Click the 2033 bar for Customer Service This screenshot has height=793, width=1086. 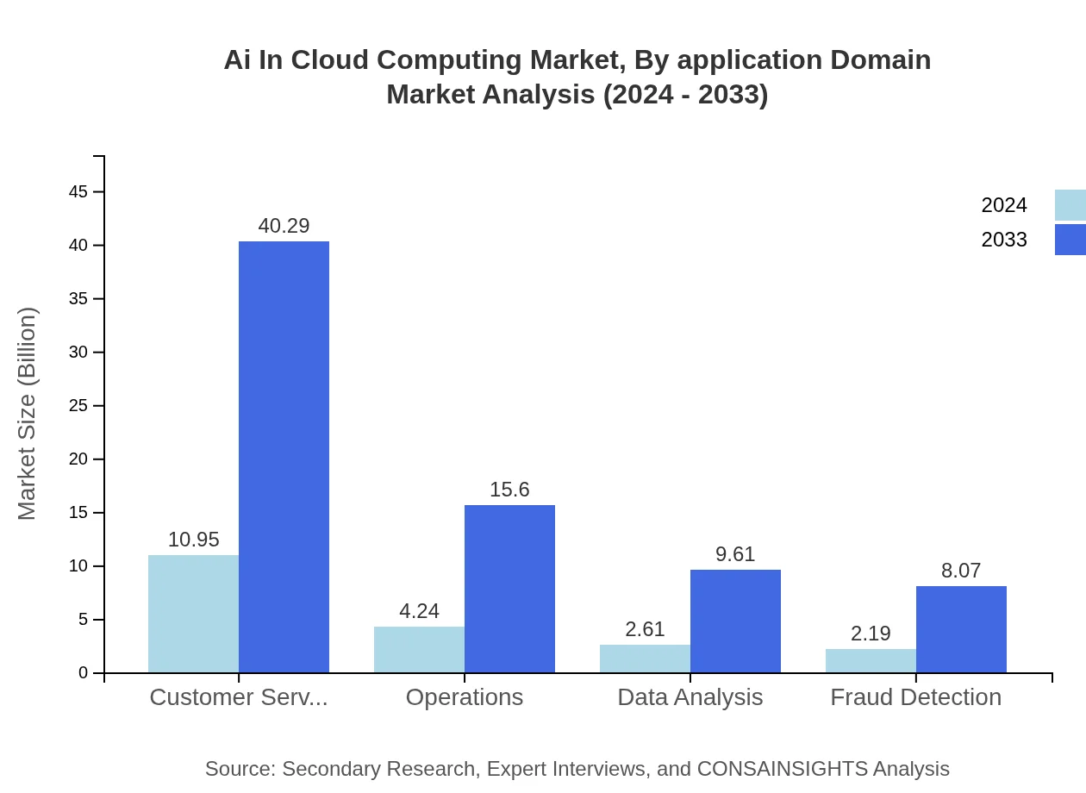point(284,457)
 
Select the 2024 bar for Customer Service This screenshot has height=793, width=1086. point(193,614)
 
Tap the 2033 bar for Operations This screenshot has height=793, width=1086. point(509,589)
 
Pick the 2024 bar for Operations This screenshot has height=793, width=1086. point(419,650)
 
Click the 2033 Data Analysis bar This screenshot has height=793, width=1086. point(735,621)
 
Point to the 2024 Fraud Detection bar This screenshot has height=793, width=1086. point(871,661)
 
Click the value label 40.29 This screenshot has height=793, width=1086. point(284,226)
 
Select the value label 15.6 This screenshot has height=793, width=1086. point(509,490)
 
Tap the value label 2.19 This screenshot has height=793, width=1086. point(871,634)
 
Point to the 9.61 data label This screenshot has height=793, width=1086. point(735,554)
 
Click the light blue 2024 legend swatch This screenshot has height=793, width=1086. point(1070,205)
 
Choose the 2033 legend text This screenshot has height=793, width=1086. point(1004,240)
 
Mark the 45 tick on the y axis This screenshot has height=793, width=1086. point(78,191)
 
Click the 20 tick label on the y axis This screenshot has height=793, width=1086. point(78,459)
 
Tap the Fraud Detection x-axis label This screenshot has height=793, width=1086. point(915,697)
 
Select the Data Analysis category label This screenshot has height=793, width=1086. point(690,697)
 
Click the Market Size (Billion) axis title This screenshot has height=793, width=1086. point(28,414)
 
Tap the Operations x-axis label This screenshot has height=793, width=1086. point(464,697)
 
